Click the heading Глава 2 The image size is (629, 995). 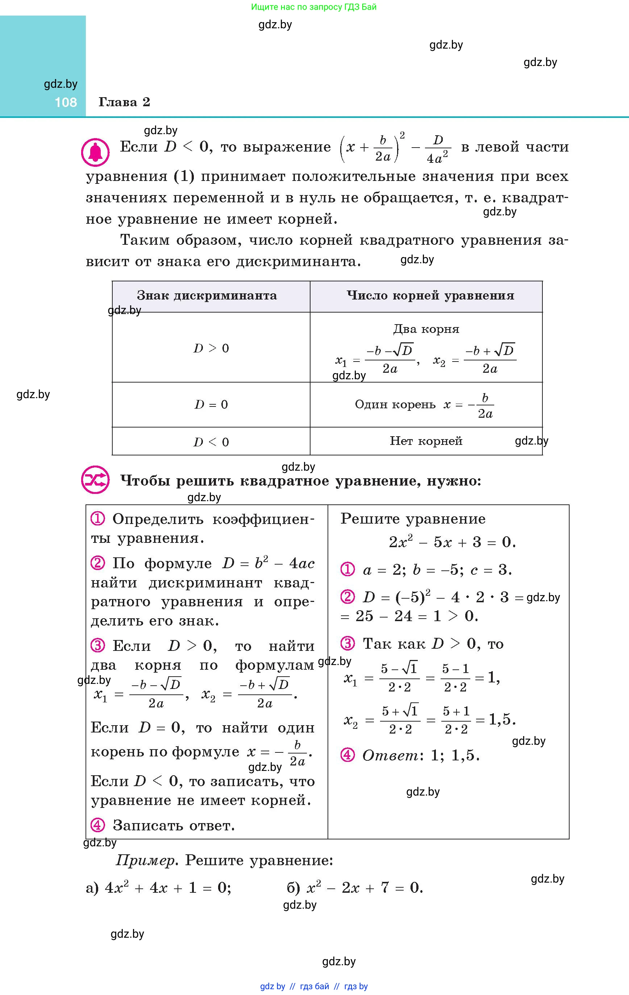(124, 102)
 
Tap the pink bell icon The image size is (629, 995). (95, 152)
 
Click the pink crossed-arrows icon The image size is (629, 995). (95, 480)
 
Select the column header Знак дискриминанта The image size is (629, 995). (207, 296)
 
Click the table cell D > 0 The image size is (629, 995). (211, 348)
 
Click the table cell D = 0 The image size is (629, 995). (211, 405)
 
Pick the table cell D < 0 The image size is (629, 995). (211, 442)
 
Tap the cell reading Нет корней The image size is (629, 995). (426, 441)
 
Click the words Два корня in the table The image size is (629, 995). (426, 329)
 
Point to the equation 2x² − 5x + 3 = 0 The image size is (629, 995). (452, 542)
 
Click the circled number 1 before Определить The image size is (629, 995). (98, 519)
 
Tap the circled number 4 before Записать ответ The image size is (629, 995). (98, 825)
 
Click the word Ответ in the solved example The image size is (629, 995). (390, 755)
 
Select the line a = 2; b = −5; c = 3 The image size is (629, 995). (437, 570)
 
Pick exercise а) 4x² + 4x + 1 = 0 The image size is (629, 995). (159, 888)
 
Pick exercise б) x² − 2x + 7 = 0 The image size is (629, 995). (355, 888)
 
